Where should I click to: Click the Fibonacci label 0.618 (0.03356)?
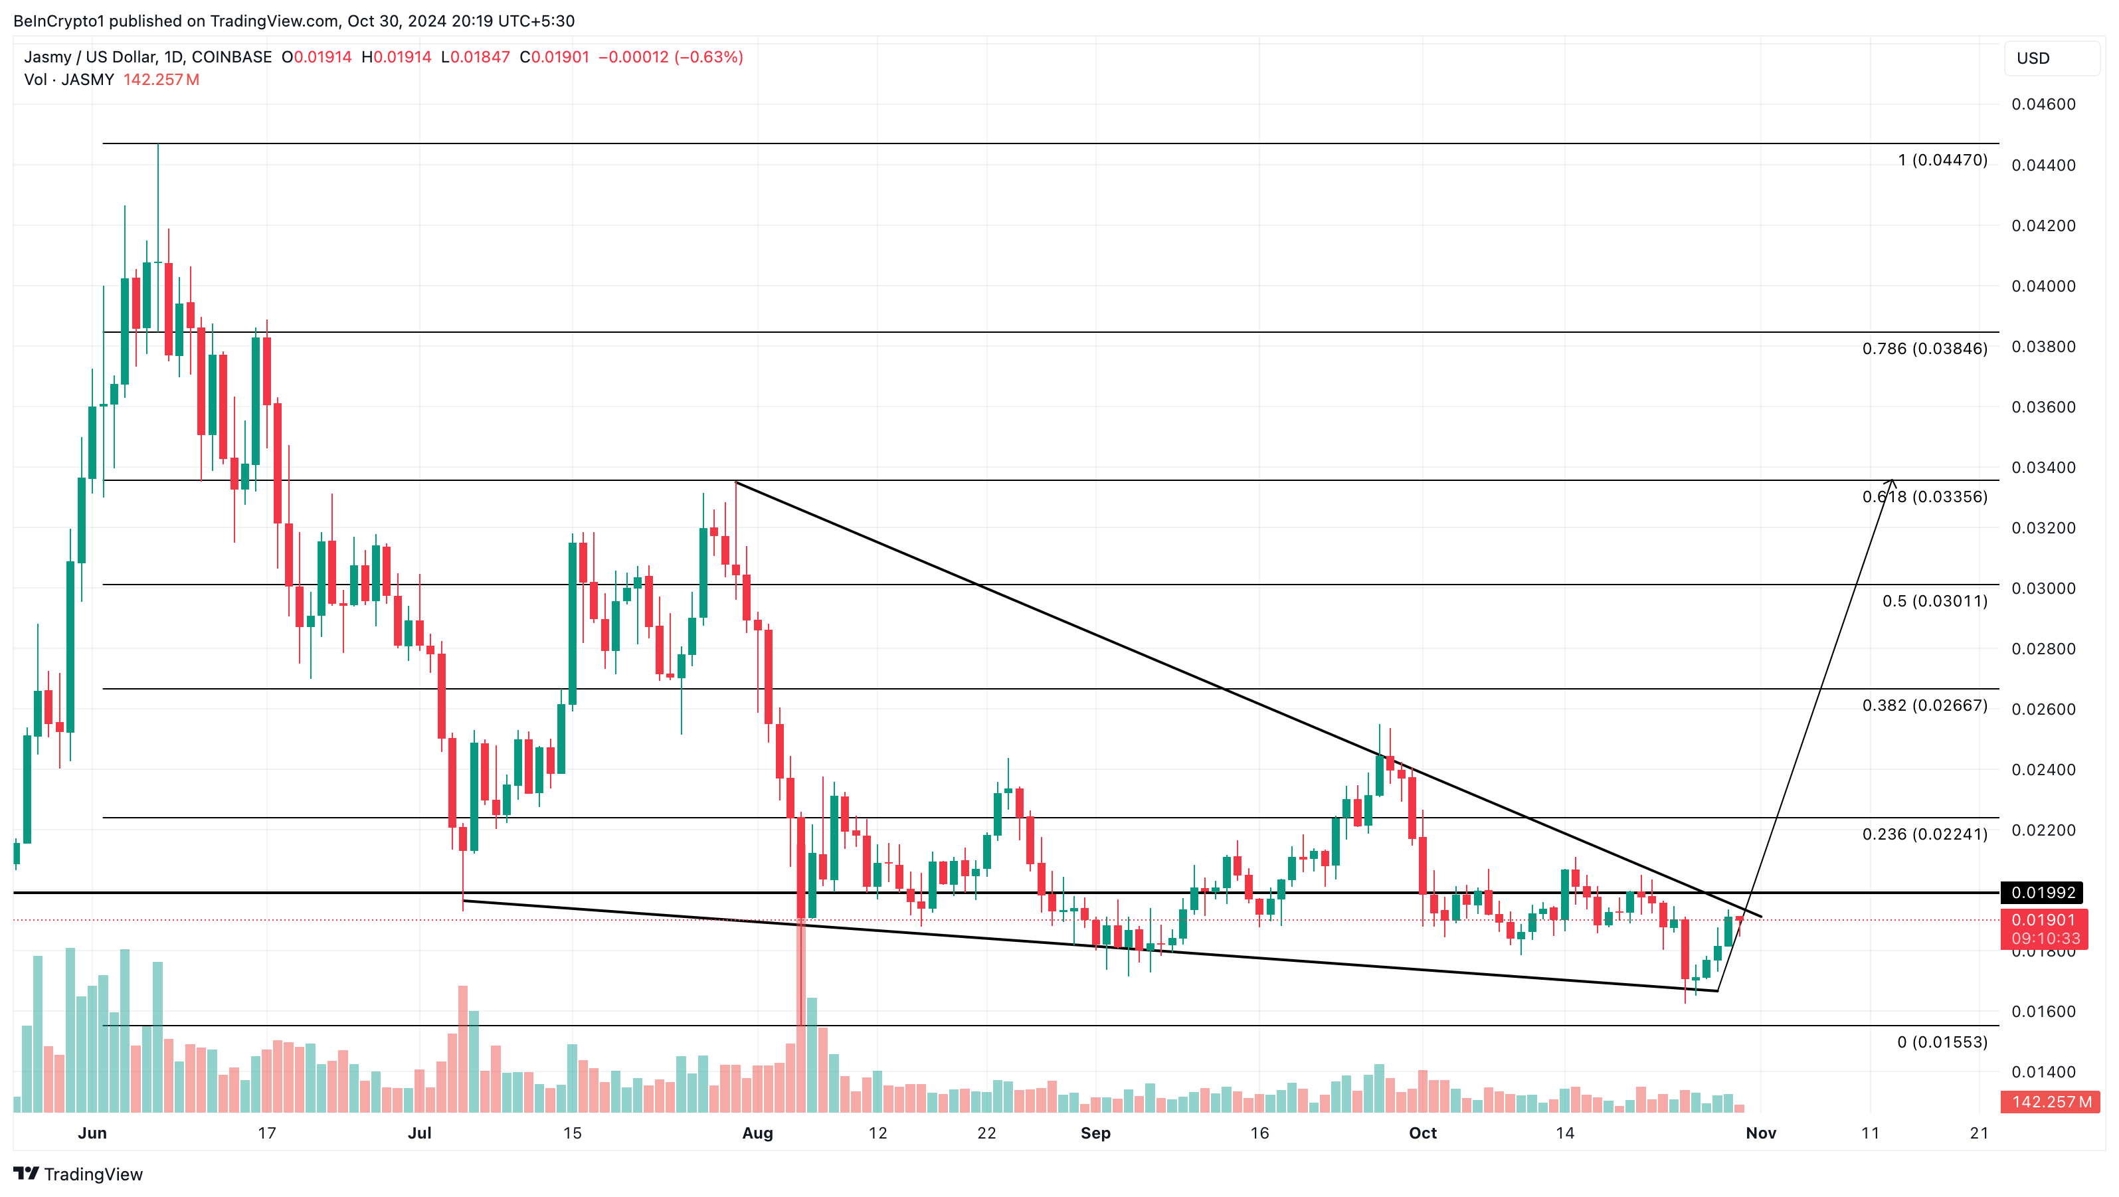1924,497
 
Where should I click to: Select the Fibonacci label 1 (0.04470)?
1942,161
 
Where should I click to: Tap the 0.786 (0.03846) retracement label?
1924,349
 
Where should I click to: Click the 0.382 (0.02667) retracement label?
1924,706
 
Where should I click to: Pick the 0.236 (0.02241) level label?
1924,834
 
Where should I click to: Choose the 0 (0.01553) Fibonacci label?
1942,1042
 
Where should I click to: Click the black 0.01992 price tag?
2043,893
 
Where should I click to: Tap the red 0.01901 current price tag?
2043,920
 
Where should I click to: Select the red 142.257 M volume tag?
2050,1101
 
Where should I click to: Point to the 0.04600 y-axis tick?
2043,104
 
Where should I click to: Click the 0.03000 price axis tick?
2043,589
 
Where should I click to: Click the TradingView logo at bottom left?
78,1174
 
